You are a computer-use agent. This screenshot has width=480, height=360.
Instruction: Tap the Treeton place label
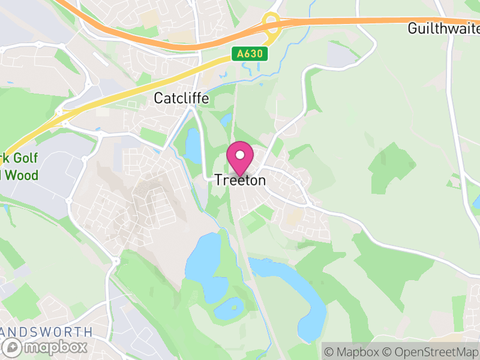[240, 179]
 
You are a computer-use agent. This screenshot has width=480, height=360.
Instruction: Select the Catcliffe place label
[182, 98]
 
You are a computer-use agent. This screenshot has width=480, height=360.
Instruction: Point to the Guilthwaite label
[443, 28]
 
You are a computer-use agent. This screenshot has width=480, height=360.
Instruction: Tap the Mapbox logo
[46, 346]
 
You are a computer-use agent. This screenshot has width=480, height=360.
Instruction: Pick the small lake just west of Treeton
[193, 146]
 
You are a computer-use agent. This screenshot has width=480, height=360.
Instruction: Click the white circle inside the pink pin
[240, 154]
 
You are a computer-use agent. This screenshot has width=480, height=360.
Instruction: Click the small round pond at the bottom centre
[228, 308]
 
